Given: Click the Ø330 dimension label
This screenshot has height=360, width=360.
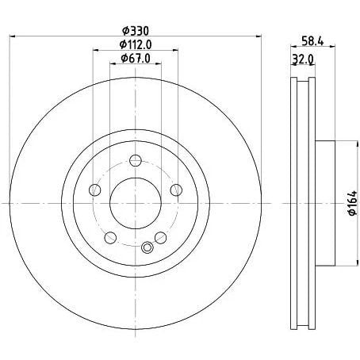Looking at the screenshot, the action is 136,31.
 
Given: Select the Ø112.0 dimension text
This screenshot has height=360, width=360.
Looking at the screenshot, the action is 136,44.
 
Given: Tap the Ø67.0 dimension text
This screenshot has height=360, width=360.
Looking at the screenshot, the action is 136,58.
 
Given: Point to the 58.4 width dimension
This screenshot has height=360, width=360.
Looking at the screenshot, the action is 312,41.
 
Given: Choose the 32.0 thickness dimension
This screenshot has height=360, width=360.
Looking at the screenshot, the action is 302,59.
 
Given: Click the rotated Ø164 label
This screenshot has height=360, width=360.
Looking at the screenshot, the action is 353,203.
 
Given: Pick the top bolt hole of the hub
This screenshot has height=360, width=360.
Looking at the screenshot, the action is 136,160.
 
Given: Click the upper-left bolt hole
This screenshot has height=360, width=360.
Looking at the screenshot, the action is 95,190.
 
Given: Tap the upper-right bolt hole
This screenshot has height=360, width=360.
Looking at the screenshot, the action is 176,190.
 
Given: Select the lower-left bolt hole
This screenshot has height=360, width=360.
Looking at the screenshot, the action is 110,238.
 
